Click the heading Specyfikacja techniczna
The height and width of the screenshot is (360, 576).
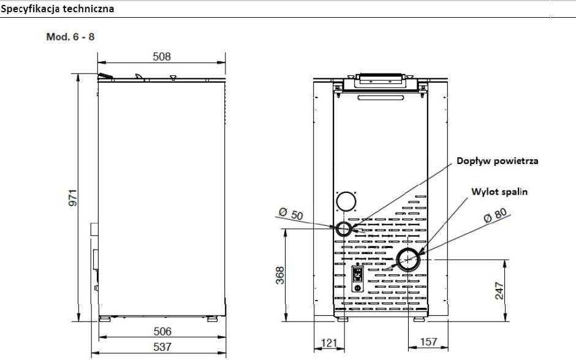[x=58, y=9]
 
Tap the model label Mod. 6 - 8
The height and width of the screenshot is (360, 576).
[x=70, y=37]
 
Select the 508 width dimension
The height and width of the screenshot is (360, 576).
[x=162, y=56]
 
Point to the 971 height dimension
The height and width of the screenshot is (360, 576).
[x=73, y=197]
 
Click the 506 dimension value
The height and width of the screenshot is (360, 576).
[x=162, y=331]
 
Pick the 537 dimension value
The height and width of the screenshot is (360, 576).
[x=162, y=347]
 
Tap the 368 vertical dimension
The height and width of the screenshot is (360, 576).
[x=280, y=276]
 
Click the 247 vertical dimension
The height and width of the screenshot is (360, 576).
[x=499, y=291]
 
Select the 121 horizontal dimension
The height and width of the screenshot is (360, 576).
[x=329, y=343]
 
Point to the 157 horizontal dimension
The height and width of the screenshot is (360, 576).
[x=428, y=342]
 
